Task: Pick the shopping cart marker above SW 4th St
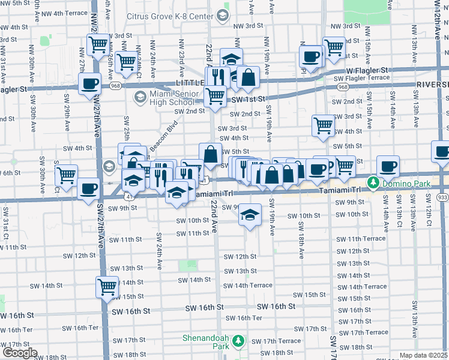click(x=323, y=125)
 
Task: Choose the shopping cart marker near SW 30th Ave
click(x=66, y=175)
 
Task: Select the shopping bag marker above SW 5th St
click(x=210, y=154)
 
